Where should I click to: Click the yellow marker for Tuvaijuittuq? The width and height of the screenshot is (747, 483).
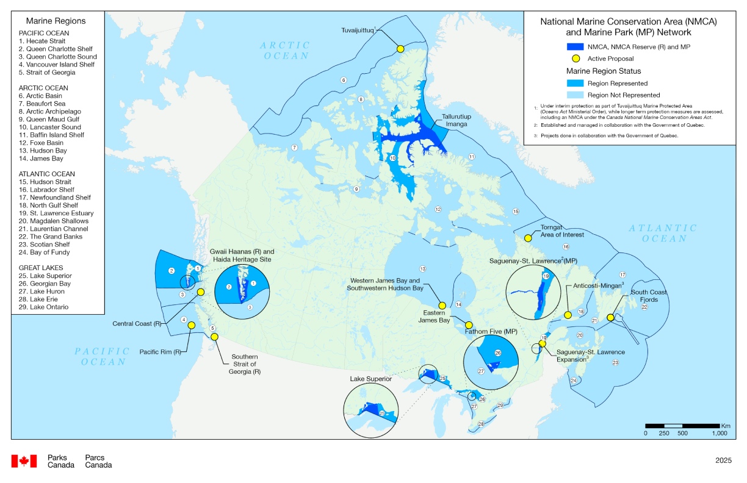coord(400,49)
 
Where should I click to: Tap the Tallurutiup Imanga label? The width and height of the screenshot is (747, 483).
coord(456,120)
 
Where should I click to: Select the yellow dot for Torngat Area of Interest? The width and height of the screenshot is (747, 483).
coord(529,238)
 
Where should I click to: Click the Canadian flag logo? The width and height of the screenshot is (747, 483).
coord(24,461)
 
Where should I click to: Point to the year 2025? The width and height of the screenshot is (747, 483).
coord(723,460)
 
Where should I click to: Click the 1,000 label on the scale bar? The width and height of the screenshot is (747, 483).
coord(719,433)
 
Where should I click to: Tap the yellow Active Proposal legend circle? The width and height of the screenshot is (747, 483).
coord(576,59)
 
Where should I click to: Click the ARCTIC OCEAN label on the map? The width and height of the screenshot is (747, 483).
coord(285,50)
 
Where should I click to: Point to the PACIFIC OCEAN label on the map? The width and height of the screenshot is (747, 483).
coord(103,356)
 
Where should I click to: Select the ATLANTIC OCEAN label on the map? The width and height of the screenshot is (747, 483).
coord(662,233)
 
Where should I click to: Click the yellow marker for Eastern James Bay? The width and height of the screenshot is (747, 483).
coord(469,325)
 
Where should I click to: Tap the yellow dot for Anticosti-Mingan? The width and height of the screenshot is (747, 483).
coord(568,315)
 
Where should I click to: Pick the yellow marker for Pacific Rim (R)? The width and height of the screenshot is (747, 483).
coord(190,326)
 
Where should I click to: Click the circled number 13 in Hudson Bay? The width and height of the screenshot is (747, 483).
coord(422,269)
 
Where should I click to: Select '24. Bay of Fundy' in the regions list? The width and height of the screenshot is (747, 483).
coord(44,252)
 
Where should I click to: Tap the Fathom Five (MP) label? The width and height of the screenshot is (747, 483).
coord(491,331)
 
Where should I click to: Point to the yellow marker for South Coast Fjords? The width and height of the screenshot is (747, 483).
coord(610,318)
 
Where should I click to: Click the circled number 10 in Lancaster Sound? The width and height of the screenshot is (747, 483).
coord(393,159)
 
